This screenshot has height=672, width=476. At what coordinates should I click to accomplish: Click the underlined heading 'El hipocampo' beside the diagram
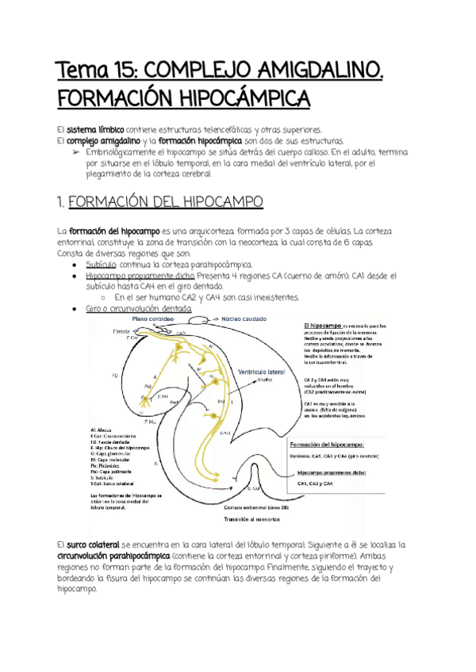(322, 326)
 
